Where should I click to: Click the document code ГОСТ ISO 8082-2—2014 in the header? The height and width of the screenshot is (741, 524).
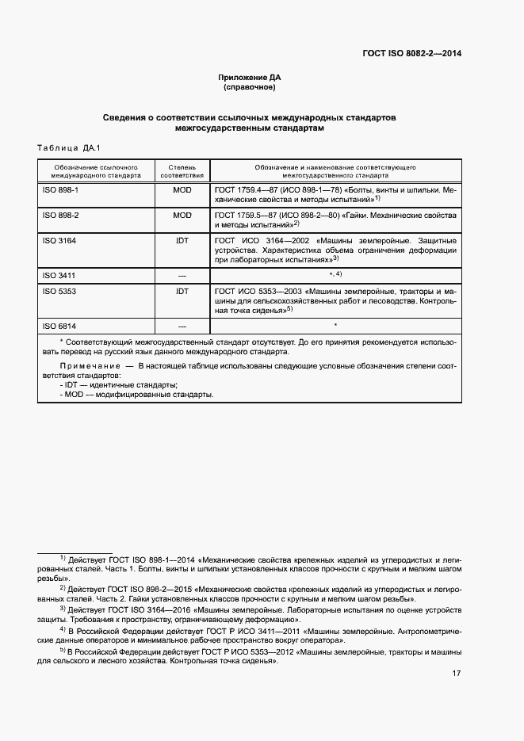pos(412,53)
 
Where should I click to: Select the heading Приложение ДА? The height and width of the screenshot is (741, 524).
pos(250,77)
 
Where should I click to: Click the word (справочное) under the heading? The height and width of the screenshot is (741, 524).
pos(250,87)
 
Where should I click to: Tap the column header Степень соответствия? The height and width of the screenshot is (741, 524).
pos(182,171)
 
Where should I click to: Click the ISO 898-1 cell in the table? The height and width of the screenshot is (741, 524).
pos(59,192)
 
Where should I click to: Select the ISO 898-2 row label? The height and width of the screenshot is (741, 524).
pos(59,216)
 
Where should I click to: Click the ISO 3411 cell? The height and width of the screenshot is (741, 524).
pos(58,275)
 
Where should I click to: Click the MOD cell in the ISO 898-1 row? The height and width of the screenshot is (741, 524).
pos(182,192)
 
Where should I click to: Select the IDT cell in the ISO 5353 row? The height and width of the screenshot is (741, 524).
pos(182,292)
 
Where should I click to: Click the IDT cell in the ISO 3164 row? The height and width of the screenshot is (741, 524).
pos(182,239)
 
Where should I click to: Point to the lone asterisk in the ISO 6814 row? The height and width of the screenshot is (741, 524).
pos(335,326)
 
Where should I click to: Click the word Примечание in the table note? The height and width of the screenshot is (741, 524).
pos(86,368)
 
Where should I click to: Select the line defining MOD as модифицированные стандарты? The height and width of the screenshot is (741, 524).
pos(136,394)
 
